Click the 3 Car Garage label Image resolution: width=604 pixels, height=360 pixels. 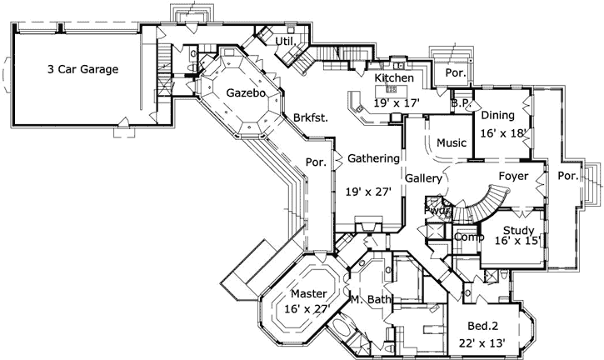tap(83, 69)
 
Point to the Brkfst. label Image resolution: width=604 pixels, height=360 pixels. tap(311, 117)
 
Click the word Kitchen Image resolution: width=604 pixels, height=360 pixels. tap(394, 77)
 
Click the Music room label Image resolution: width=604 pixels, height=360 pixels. tap(452, 142)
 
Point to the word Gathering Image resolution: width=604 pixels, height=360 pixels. tap(372, 157)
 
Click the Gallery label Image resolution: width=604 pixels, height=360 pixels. tap(423, 178)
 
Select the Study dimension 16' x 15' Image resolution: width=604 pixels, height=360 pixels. tap(517, 240)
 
